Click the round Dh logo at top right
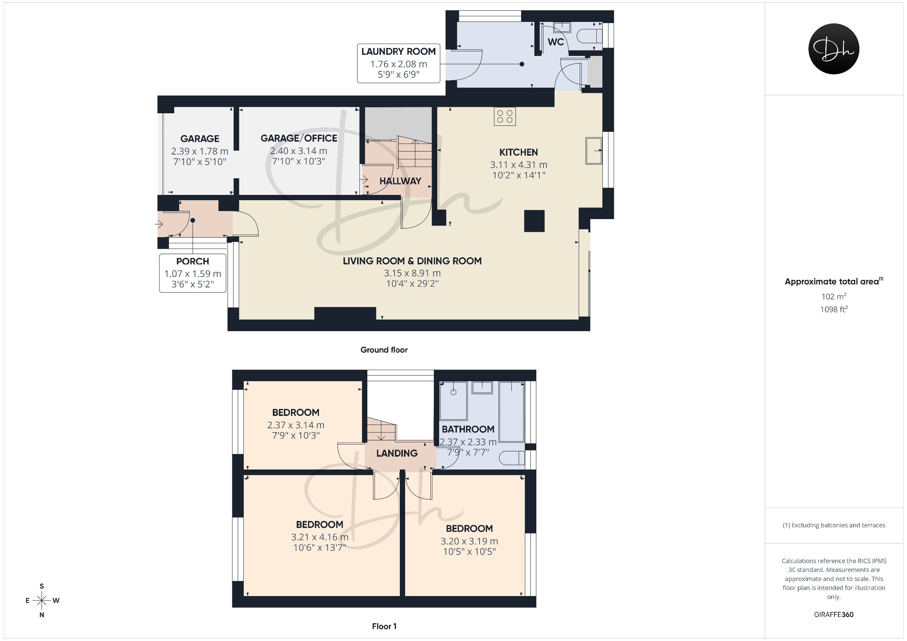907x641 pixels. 834,49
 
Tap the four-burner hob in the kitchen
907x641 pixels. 505,116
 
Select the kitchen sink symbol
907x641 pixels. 594,150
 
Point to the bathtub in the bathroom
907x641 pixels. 512,412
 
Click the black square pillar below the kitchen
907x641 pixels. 534,221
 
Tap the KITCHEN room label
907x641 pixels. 519,153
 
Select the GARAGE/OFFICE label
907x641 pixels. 299,138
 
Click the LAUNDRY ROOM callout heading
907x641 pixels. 399,51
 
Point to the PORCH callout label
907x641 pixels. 193,261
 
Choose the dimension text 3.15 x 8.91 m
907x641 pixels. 412,273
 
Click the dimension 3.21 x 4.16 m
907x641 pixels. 320,537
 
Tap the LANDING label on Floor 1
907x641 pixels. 397,453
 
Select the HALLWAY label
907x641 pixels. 400,181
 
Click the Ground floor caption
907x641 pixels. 384,350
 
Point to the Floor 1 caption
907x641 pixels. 384,626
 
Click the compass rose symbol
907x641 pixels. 42,601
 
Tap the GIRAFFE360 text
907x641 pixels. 834,615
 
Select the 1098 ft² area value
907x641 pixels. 834,309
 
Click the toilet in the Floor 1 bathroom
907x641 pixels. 512,458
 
